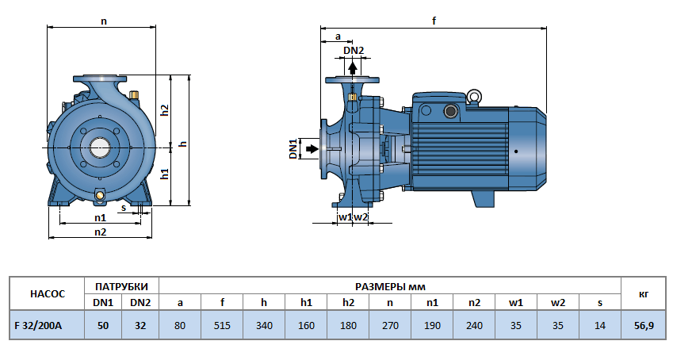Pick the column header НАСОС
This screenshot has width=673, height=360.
pos(46,293)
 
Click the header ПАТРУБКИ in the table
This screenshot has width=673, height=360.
pos(121,285)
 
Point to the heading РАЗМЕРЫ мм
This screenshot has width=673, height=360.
pos(388,285)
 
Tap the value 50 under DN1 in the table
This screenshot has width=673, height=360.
pos(102,325)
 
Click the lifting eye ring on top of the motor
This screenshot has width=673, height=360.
pos(474,97)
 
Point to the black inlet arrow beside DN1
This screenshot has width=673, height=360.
pos(312,148)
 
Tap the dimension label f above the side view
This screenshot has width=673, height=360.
pos(434,21)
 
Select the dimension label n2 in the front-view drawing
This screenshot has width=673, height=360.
pos(100,232)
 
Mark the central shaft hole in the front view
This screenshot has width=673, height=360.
pos(100,146)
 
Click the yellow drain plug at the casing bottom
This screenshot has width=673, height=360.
pos(100,195)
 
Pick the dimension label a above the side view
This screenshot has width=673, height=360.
pos(338,36)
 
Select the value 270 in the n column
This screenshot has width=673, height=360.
pos(388,325)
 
